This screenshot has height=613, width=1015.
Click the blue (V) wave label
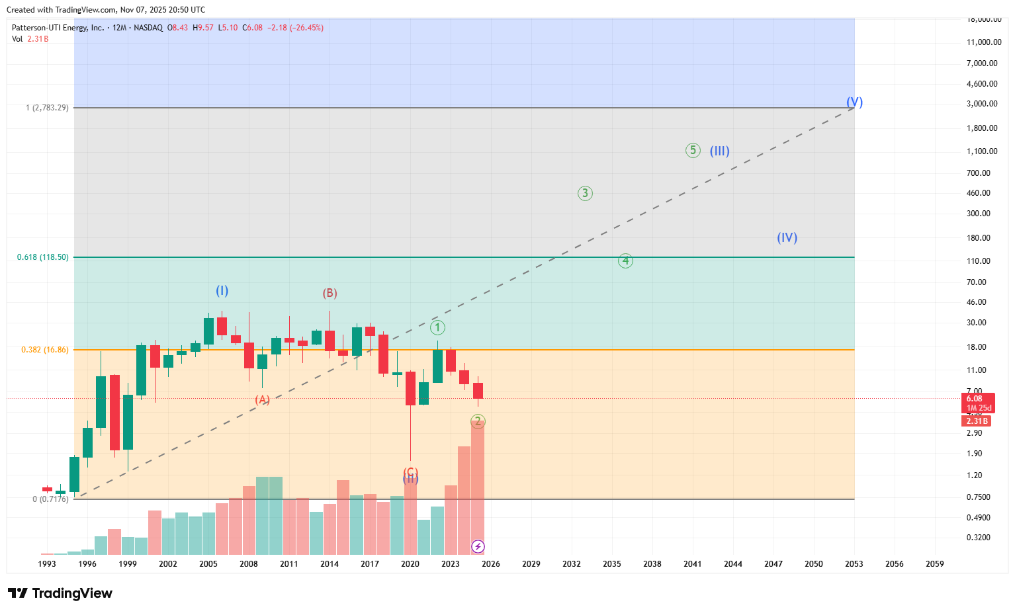854,102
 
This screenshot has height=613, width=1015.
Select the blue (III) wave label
719,151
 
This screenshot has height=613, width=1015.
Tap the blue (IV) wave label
787,237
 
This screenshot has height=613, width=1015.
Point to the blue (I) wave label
222,290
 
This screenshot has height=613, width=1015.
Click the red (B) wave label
330,293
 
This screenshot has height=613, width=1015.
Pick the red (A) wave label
263,399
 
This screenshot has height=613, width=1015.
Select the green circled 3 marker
584,193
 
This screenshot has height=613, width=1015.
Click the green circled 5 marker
692,151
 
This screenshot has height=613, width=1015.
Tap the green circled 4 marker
625,261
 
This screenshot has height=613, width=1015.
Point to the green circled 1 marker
437,327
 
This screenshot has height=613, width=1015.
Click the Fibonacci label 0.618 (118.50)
42,257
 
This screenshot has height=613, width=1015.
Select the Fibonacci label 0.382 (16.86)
44,350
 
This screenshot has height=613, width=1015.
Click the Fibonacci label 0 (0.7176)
50,499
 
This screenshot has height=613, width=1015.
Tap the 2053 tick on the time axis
854,564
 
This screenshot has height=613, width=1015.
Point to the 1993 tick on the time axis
47,564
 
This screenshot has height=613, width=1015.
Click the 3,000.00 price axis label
982,104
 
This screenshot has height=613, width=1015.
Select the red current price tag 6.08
975,399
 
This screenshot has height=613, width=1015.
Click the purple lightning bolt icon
478,546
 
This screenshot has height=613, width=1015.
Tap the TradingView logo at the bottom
60,593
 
